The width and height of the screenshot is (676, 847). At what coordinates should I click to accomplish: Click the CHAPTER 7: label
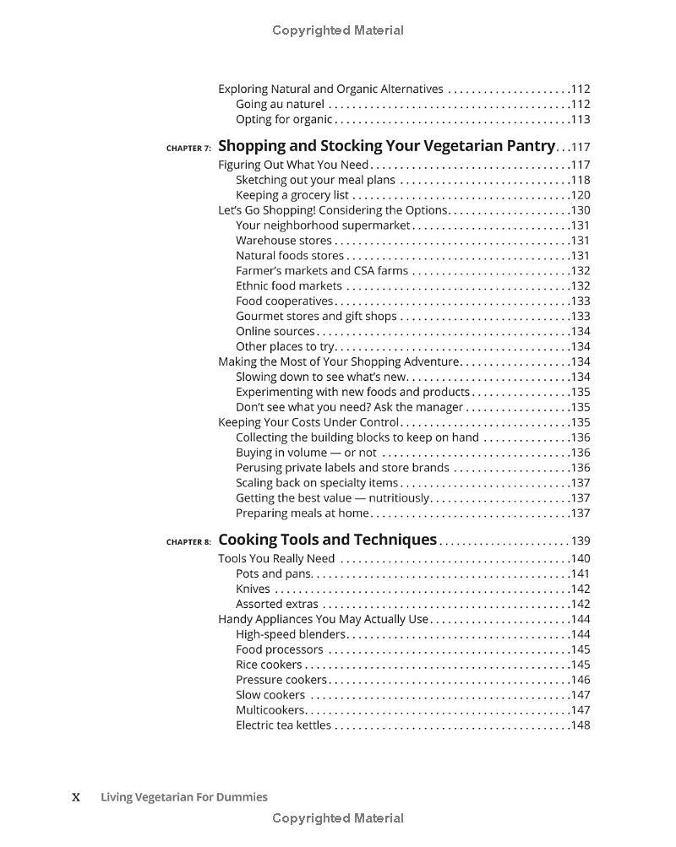(x=188, y=148)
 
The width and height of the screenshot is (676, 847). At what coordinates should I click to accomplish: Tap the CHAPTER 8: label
(x=188, y=542)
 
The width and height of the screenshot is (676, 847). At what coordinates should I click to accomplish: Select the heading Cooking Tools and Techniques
(x=327, y=540)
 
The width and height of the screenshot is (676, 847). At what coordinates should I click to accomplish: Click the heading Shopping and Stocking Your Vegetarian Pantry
(x=387, y=145)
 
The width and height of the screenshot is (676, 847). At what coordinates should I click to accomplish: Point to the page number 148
(x=581, y=725)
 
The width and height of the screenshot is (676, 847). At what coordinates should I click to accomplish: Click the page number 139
(x=581, y=541)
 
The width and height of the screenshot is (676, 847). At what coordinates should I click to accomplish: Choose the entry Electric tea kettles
(x=283, y=725)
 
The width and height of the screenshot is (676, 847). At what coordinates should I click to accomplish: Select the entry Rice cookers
(x=269, y=665)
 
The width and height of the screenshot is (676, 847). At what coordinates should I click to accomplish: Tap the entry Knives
(x=253, y=589)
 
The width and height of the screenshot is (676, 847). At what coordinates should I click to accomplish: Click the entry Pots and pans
(x=274, y=573)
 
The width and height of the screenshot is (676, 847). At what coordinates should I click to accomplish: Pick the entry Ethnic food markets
(x=289, y=285)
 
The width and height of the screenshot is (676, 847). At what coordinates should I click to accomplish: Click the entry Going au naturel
(x=280, y=104)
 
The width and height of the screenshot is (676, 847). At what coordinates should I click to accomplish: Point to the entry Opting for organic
(x=284, y=119)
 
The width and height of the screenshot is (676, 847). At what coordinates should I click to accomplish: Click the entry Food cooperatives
(x=285, y=301)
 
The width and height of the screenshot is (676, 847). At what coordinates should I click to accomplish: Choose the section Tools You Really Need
(x=276, y=558)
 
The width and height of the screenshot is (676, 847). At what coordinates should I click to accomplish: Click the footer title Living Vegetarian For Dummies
(x=184, y=796)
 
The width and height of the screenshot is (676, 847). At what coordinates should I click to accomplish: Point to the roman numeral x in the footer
(x=76, y=797)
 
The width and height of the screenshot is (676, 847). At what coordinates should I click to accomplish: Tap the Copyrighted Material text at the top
(x=338, y=30)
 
